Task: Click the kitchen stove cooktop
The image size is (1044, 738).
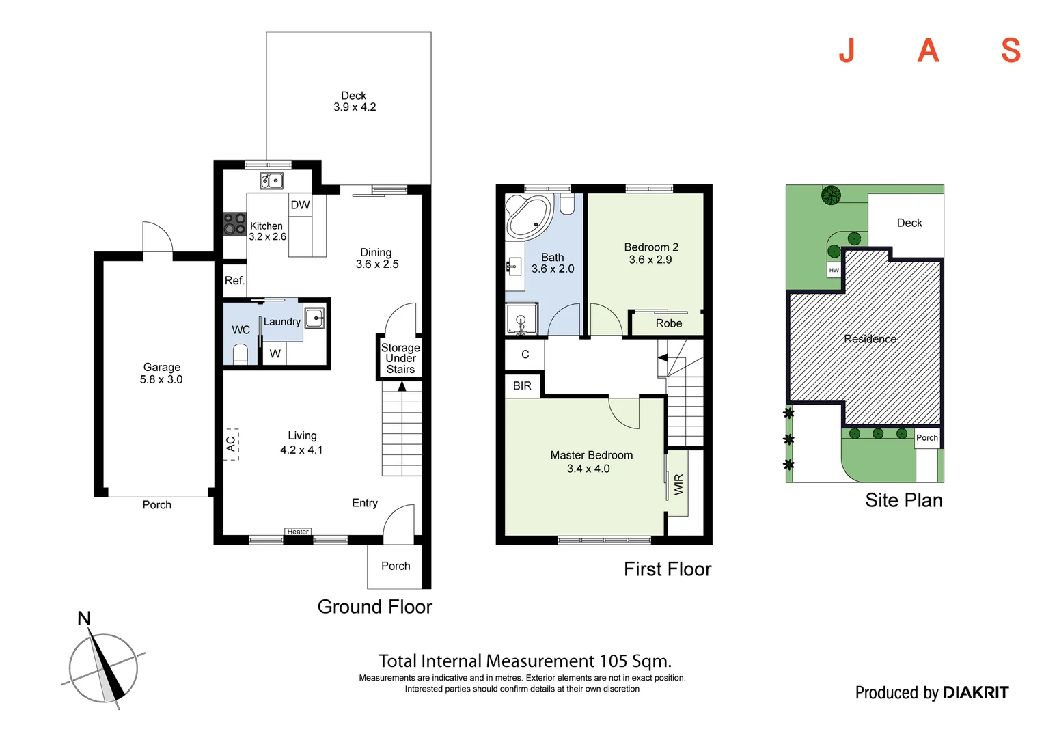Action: tap(234, 223)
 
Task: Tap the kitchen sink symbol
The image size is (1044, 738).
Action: tap(271, 180)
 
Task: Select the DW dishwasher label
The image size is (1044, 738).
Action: tap(300, 205)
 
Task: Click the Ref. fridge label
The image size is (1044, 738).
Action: tap(234, 281)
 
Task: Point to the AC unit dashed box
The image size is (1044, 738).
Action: tap(231, 444)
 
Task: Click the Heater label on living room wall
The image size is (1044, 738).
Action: tap(298, 532)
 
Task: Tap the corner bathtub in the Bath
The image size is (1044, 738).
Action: tap(529, 217)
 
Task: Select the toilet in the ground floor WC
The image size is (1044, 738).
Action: tap(240, 354)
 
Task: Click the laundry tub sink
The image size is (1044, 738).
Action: tap(314, 318)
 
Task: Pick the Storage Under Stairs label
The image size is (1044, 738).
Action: tap(400, 359)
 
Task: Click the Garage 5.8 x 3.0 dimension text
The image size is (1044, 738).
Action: tap(161, 379)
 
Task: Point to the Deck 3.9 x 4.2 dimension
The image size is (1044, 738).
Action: tap(355, 107)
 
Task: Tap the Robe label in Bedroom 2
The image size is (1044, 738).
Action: tap(669, 323)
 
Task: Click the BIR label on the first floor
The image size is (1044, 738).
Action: tap(522, 386)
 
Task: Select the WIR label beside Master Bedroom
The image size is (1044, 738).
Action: tap(678, 484)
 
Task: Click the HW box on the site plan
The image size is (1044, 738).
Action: tap(834, 270)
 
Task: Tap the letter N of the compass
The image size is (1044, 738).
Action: tap(84, 618)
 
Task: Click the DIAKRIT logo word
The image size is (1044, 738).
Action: tap(976, 692)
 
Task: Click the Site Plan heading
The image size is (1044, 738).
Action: tap(904, 500)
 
